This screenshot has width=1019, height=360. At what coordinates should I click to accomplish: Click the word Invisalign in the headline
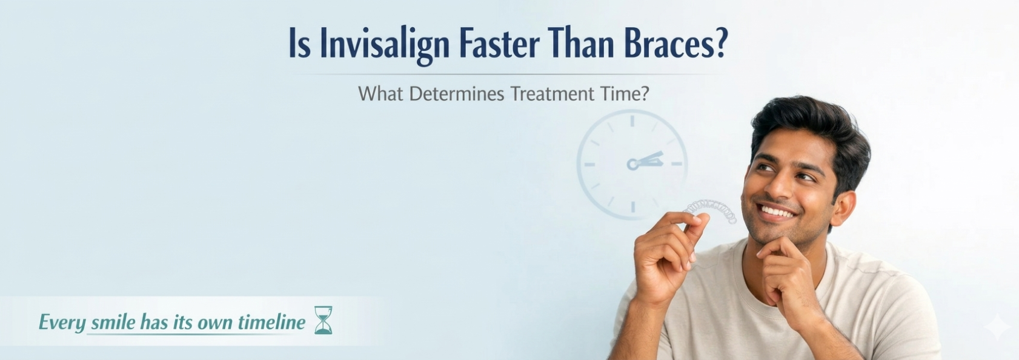(385, 45)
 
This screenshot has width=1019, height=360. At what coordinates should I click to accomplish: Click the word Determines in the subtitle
(456, 94)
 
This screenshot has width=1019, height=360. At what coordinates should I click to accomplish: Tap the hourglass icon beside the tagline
(324, 320)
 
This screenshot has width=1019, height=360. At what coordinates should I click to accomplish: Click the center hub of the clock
(632, 164)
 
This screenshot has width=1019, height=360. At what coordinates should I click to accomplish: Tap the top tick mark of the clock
(632, 121)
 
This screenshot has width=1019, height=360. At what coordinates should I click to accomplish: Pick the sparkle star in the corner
(997, 326)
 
